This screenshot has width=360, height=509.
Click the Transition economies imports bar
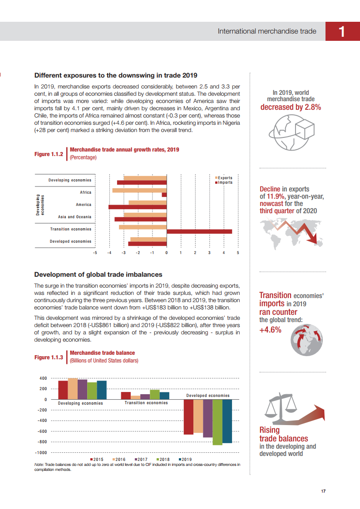click(199, 231)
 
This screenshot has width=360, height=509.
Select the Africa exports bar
click(139, 191)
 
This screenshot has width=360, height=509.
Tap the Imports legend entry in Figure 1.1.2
click(224, 182)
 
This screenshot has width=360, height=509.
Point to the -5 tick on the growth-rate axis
click(95, 252)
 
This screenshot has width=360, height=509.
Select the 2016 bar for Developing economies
click(73, 389)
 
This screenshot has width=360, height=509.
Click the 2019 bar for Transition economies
click(164, 396)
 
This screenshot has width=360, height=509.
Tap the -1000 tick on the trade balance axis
click(41, 453)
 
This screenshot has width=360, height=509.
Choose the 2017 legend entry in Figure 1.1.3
click(140, 459)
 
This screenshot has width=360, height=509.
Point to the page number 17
click(324, 491)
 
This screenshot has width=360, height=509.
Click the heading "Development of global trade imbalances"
click(99, 274)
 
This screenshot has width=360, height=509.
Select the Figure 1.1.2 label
click(49, 154)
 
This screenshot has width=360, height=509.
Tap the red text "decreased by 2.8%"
click(291, 108)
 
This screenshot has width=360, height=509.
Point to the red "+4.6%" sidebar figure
click(271, 330)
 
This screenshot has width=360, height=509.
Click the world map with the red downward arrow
click(291, 231)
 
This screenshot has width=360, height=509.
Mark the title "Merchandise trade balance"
click(102, 352)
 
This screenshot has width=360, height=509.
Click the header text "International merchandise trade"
click(267, 31)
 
